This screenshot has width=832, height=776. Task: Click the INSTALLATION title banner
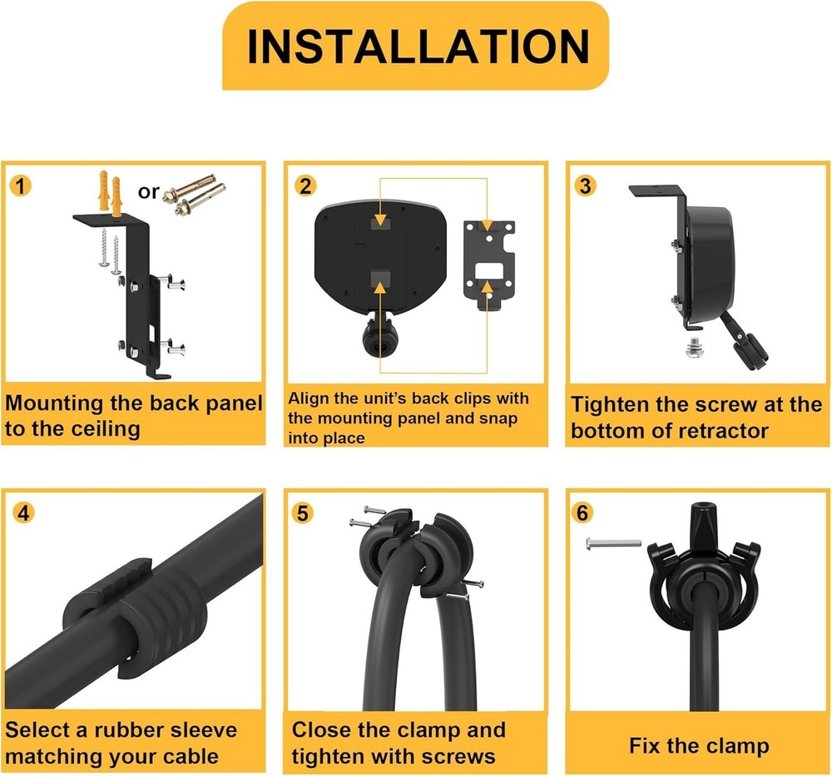(415, 46)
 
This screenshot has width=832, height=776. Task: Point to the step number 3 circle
(587, 185)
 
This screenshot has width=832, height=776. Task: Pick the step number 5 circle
(305, 512)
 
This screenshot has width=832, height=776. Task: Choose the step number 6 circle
(586, 512)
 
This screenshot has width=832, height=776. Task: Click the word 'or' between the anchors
(148, 192)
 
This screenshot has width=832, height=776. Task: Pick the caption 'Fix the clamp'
(699, 744)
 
